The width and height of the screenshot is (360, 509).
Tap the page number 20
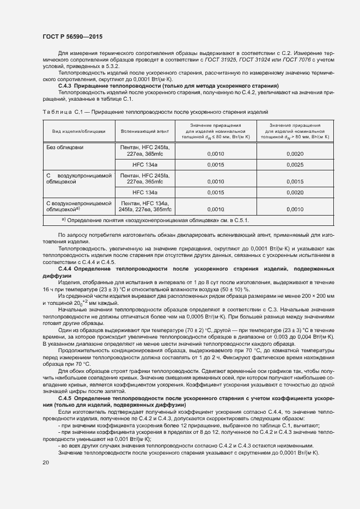(x=46, y=462)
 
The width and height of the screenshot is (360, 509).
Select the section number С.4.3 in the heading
(x=65, y=87)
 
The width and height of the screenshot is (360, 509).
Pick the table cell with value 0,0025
(x=295, y=164)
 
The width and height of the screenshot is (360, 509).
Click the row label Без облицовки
(x=64, y=147)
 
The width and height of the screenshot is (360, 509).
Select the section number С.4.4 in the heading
(x=65, y=269)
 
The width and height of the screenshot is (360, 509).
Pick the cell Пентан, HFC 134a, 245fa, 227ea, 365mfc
(x=145, y=206)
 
